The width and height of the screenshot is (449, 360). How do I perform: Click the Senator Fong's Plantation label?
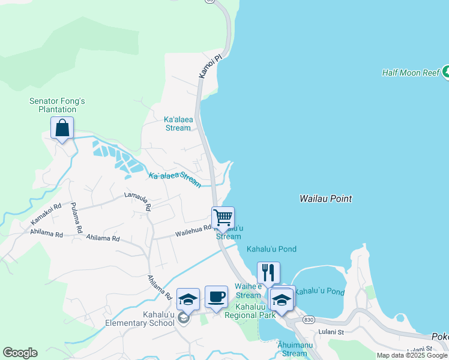57,106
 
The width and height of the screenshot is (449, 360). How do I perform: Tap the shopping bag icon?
62,128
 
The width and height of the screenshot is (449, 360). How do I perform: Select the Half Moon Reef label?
411,73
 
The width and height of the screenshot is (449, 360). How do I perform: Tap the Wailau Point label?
325,199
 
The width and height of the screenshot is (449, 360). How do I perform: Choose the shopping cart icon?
223,218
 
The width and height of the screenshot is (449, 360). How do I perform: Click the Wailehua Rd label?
193,229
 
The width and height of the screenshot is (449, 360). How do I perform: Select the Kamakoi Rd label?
46,215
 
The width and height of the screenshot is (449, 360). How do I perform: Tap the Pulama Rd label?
76,217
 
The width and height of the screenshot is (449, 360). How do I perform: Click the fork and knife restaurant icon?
268,273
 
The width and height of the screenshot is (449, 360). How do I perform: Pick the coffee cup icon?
216,296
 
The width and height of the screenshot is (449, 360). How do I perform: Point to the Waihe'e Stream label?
248,290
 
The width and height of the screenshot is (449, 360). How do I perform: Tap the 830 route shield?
308,320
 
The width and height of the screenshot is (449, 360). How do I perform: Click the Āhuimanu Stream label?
294,349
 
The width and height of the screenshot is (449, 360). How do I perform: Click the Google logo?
20,353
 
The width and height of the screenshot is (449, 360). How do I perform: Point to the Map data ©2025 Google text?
412,355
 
